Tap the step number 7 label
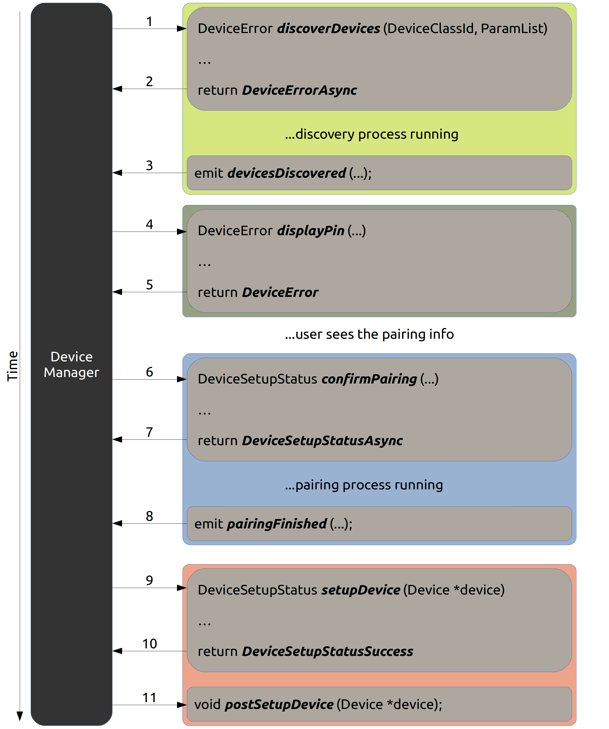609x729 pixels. (x=149, y=432)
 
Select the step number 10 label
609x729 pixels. (x=150, y=644)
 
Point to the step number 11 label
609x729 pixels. (x=149, y=698)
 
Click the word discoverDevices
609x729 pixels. (x=329, y=28)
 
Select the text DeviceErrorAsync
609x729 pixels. (x=299, y=90)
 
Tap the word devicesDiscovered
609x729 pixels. (x=287, y=173)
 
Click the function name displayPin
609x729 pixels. (x=311, y=231)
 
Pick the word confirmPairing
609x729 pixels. (x=369, y=379)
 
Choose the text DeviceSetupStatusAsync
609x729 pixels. (x=322, y=440)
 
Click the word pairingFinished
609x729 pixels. (x=277, y=523)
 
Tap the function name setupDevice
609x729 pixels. (x=361, y=590)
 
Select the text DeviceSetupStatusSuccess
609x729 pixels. (x=328, y=651)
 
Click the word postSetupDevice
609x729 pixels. (x=279, y=704)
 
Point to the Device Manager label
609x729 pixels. (x=72, y=365)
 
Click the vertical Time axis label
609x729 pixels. (x=12, y=366)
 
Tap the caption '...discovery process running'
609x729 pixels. (x=371, y=134)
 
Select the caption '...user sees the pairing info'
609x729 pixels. (x=369, y=334)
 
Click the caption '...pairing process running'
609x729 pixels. (x=364, y=485)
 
